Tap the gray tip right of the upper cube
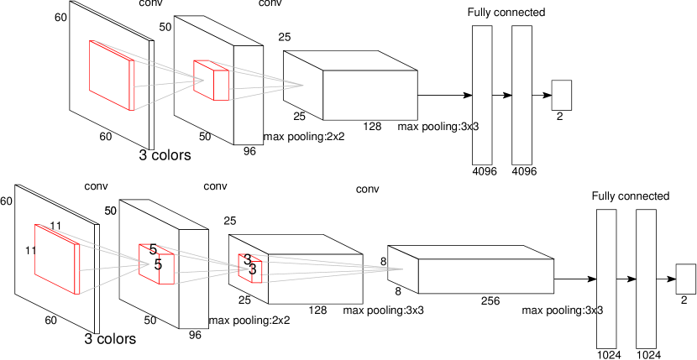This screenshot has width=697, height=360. [302, 85]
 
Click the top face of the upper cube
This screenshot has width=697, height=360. [211, 65]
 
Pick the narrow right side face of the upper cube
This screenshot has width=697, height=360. [222, 85]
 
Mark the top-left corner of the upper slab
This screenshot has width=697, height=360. [90, 40]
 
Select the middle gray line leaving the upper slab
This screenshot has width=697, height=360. [168, 83]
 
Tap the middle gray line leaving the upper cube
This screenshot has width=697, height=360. [265, 86]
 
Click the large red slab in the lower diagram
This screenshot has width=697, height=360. [56, 258]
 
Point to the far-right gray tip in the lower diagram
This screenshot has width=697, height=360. [402, 269]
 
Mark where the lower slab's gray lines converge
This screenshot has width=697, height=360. [149, 263]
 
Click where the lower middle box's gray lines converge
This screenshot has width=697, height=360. [249, 269]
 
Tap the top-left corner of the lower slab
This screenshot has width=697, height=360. [35, 224]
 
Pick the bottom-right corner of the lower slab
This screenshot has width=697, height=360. [80, 295]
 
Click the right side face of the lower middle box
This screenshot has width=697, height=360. [166, 269]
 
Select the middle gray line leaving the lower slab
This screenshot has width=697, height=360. [113, 267]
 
